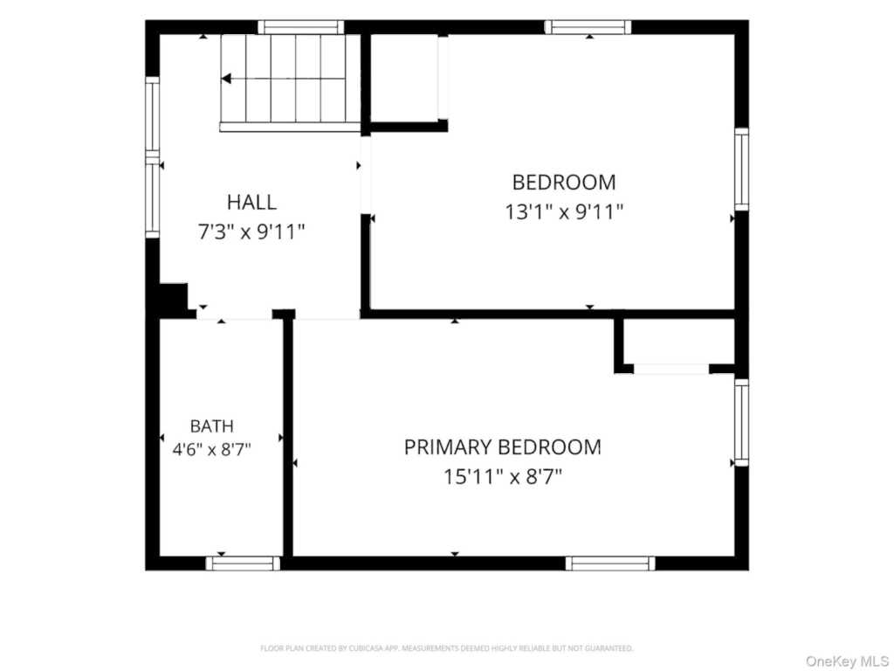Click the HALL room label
click(251, 202)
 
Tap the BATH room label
click(211, 426)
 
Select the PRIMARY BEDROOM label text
click(502, 446)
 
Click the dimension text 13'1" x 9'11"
click(564, 212)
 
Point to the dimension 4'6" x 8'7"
click(211, 450)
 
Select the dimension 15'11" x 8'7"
click(503, 476)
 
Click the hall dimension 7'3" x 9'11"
click(251, 232)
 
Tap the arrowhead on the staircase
click(226, 78)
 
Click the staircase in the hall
click(290, 83)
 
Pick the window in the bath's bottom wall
click(243, 564)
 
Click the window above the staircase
click(301, 27)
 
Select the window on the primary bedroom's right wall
click(741, 422)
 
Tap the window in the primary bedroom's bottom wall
click(610, 564)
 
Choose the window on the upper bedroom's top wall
click(588, 27)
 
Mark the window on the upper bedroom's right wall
click(741, 169)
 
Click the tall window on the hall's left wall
click(152, 157)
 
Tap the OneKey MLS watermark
click(846, 662)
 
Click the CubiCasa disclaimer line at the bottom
click(446, 648)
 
